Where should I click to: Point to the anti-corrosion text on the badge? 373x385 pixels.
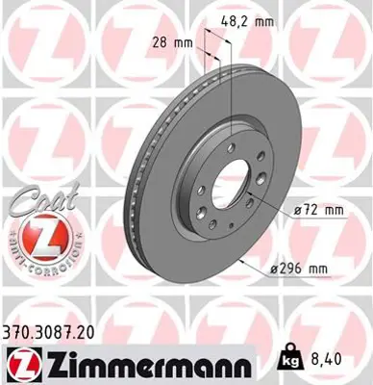click(35, 260)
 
